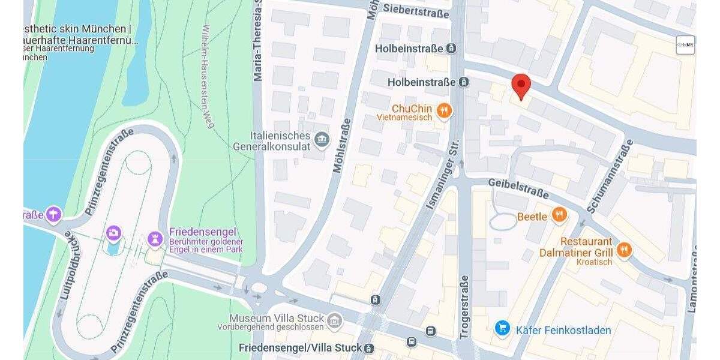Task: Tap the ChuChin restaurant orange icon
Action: [x=444, y=109]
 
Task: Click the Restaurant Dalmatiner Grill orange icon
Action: [x=624, y=250]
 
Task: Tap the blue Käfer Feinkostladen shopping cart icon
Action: [x=502, y=328]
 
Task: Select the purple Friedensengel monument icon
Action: [x=155, y=238]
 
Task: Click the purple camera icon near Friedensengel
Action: [x=113, y=233]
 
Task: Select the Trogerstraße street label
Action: [x=464, y=307]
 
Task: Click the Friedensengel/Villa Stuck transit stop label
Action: [x=300, y=348]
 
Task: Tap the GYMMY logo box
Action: [x=685, y=45]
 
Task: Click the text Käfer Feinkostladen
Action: [x=563, y=330]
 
